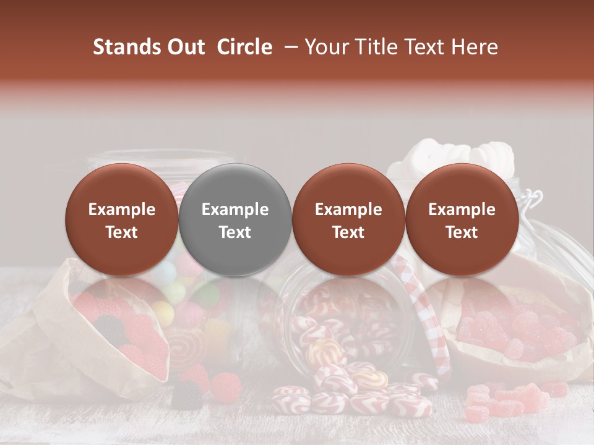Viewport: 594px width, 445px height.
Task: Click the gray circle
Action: (x=235, y=220)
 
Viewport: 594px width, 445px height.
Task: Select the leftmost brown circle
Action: (x=122, y=220)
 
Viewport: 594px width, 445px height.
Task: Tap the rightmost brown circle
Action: (x=462, y=220)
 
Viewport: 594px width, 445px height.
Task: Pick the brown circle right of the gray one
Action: (x=348, y=220)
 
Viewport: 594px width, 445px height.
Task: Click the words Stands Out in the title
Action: (x=148, y=47)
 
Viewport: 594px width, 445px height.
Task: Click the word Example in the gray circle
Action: (x=235, y=210)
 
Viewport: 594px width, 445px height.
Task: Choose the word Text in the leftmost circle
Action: (x=122, y=232)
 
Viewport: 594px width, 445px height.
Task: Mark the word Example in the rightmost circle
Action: (x=462, y=210)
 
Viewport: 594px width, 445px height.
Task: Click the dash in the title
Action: (x=289, y=47)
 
